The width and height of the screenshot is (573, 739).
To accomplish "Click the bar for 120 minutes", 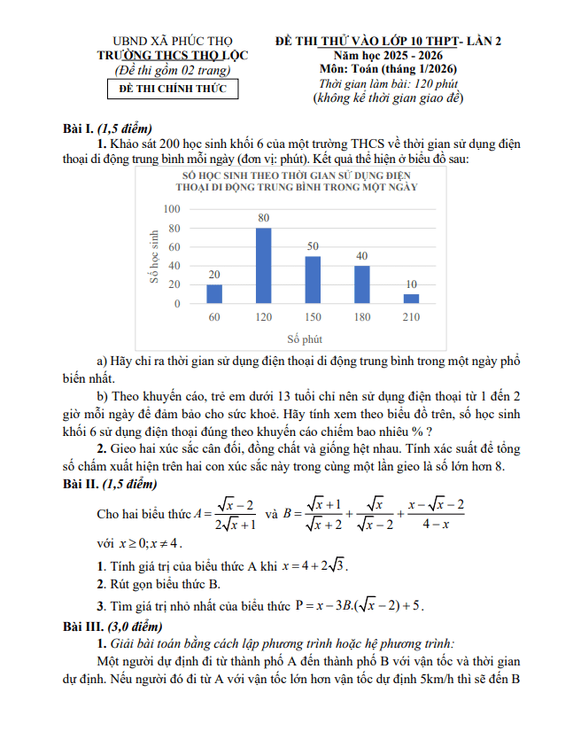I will pos(263,266).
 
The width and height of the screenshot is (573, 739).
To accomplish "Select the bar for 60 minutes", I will pos(214,294).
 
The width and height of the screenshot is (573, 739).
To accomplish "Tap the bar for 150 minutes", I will pos(313,280).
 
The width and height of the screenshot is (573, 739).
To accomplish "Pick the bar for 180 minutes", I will pos(361,284).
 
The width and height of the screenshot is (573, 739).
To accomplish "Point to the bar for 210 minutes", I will pos(411,299).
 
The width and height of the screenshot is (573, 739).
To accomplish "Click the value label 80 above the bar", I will pos(263,218).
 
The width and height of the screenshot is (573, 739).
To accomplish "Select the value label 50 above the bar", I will pos(313,246).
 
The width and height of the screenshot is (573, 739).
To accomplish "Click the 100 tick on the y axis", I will pos(172,209).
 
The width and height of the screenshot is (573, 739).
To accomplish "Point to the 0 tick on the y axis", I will pos(177,304).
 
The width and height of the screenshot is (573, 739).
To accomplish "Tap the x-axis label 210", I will pos(411,317).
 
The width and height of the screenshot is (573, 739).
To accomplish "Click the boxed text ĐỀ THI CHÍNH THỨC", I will pos(173,89).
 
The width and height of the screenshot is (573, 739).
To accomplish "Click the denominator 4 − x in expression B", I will pos(435,525).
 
